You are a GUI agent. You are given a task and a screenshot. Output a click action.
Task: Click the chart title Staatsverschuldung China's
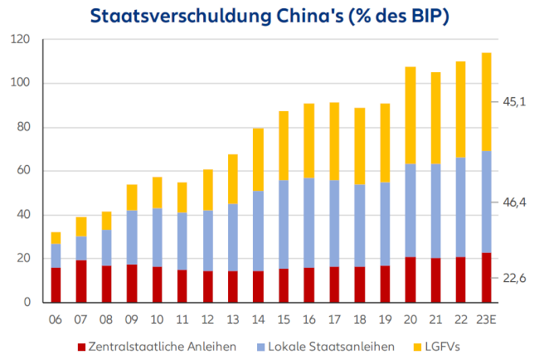point(269,16)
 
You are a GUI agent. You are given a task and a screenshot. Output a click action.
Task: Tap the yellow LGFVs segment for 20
point(410,115)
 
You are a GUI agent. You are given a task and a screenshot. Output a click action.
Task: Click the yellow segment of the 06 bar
point(56,237)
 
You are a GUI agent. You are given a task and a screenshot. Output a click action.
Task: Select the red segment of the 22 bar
point(460,280)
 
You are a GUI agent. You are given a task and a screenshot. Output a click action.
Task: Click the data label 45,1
point(514,101)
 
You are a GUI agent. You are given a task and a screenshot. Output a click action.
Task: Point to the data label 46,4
point(514,202)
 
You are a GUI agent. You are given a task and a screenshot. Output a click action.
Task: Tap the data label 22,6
point(514,279)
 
